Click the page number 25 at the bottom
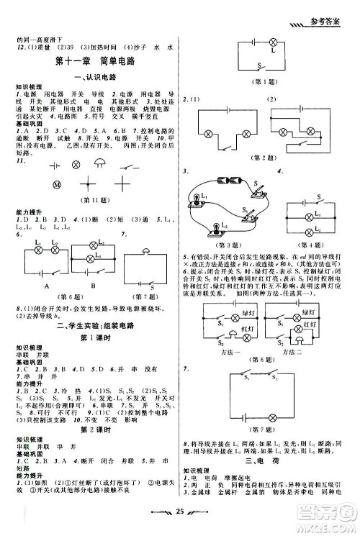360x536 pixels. click(x=181, y=519)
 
